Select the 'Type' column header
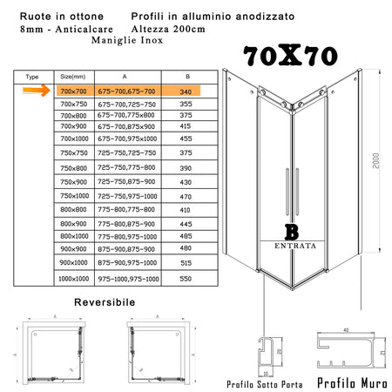coord(34,77)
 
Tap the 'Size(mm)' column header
coord(73,77)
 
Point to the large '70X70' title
coord(291,57)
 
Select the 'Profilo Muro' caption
coord(348,382)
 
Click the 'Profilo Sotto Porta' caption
coord(265,383)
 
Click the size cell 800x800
coord(74,210)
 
